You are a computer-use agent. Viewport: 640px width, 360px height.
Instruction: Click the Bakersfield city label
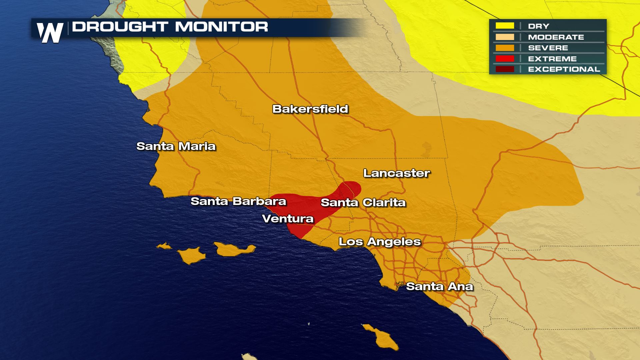click(310, 109)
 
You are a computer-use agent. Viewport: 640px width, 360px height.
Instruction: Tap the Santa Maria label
click(176, 146)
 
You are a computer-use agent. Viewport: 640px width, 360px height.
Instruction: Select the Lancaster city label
click(397, 173)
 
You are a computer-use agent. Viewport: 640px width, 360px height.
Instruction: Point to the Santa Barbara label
click(238, 201)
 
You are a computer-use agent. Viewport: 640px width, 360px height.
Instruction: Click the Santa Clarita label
click(363, 202)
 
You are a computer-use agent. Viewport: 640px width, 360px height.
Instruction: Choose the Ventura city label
click(288, 219)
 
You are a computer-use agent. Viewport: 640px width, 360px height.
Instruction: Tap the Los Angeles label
click(380, 242)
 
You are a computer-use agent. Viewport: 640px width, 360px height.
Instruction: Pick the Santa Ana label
click(439, 286)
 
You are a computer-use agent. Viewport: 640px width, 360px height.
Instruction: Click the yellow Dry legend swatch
click(504, 26)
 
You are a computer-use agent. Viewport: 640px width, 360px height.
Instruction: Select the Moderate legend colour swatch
click(504, 37)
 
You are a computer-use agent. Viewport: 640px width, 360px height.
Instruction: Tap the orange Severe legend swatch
click(504, 48)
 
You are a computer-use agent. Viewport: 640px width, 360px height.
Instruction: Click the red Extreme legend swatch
click(504, 59)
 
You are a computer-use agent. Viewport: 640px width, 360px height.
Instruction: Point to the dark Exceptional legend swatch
click(504, 69)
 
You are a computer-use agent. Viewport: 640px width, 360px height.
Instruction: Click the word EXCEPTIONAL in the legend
click(564, 69)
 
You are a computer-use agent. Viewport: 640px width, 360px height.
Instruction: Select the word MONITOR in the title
click(220, 27)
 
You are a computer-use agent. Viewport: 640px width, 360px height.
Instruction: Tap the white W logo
click(50, 33)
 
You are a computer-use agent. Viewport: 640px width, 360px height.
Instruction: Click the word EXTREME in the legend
click(552, 59)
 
